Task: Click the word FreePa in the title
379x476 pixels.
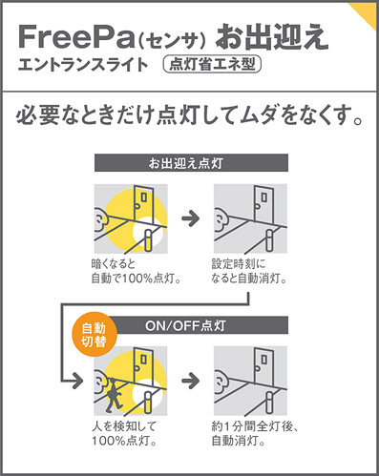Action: click(76, 36)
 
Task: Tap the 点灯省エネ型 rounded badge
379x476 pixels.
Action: click(212, 64)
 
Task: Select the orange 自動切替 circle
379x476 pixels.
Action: click(94, 335)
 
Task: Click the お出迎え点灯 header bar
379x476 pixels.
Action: click(191, 163)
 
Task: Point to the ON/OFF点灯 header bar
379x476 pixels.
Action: click(200, 325)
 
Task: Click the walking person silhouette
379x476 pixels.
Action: click(114, 394)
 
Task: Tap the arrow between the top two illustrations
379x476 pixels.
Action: click(191, 218)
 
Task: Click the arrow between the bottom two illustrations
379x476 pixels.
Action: click(191, 381)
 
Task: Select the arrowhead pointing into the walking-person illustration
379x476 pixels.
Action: click(77, 381)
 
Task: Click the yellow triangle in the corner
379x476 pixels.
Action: click(366, 12)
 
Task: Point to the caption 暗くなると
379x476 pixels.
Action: click(114, 264)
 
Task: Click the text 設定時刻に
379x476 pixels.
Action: click(239, 264)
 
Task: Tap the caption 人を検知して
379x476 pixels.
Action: click(124, 426)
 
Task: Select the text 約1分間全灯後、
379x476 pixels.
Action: click(255, 426)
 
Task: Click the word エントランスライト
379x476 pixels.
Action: click(83, 64)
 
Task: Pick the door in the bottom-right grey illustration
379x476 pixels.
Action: click(263, 365)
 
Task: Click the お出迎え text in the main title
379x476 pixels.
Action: click(272, 37)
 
